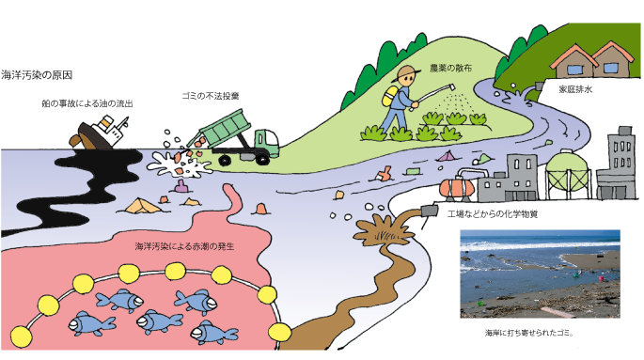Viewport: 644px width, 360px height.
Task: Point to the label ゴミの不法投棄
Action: [x=209, y=97]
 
